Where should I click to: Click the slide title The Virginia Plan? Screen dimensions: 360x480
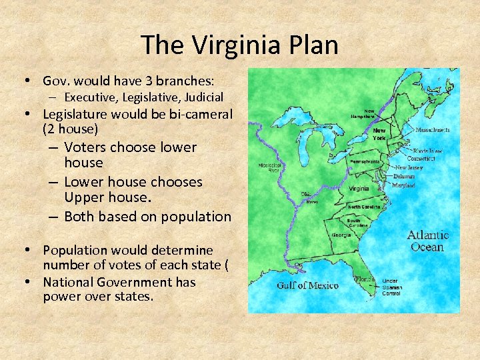pos(240,45)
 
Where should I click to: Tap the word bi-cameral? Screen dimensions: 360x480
pos(199,114)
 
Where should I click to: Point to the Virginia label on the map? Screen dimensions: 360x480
pos(359,189)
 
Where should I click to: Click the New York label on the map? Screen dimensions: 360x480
pos(379,134)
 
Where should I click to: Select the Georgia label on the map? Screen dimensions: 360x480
pos(341,235)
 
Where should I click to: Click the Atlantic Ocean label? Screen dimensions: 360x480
pos(427,241)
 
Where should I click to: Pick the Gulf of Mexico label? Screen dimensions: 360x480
pos(307,286)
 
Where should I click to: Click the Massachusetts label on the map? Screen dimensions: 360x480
pos(432,130)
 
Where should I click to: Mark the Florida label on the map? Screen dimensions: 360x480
pos(364,279)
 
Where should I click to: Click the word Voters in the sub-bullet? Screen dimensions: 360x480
pos(86,147)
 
